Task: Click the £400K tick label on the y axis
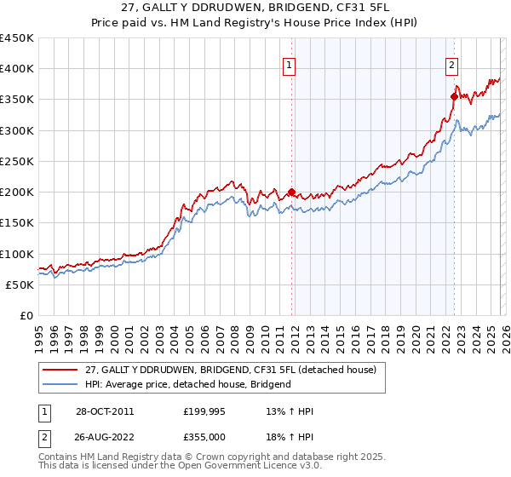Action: pos(17,69)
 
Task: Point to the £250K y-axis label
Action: pos(17,161)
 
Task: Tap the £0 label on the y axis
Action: pos(26,315)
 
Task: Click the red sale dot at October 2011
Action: pos(292,192)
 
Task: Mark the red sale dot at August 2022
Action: pos(454,96)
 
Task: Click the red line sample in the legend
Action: pos(61,369)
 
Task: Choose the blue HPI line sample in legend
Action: pos(61,384)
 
